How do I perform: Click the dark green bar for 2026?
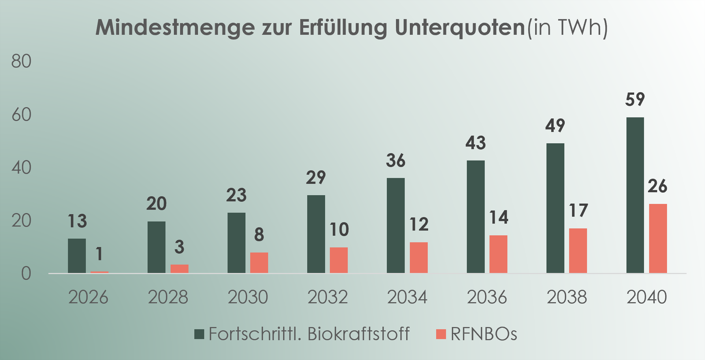[x=77, y=256]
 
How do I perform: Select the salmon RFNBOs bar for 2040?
[x=657, y=238]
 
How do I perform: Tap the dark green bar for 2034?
[x=395, y=226]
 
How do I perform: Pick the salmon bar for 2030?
[x=259, y=263]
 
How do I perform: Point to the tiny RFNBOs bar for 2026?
[x=100, y=272]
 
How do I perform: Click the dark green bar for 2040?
[x=635, y=195]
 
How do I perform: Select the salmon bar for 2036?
[x=498, y=254]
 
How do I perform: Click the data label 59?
[x=635, y=100]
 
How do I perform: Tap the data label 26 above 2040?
[x=657, y=186]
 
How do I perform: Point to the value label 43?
[x=475, y=143]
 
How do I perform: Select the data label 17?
[x=578, y=211]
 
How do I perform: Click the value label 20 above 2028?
[x=156, y=204]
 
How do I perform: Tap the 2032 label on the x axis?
[x=327, y=297]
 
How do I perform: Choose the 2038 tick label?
[x=567, y=297]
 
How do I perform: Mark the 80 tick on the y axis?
[x=21, y=61]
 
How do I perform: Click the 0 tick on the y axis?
[x=26, y=274]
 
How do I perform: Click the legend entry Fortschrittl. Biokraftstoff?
[x=308, y=334]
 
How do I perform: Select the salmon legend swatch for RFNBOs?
[x=441, y=334]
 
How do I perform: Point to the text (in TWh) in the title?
[x=567, y=28]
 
